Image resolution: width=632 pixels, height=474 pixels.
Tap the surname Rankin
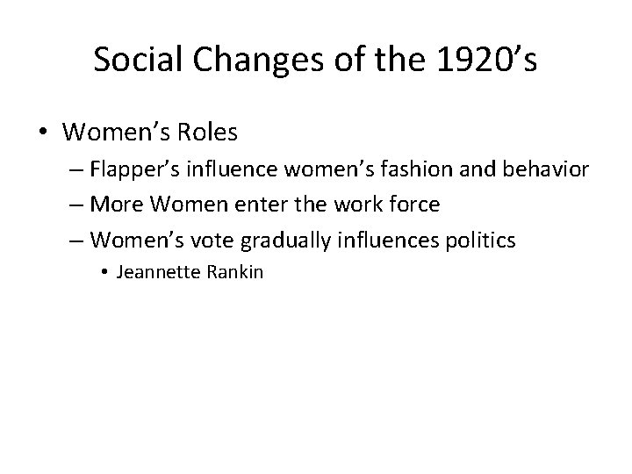pos(237,272)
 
